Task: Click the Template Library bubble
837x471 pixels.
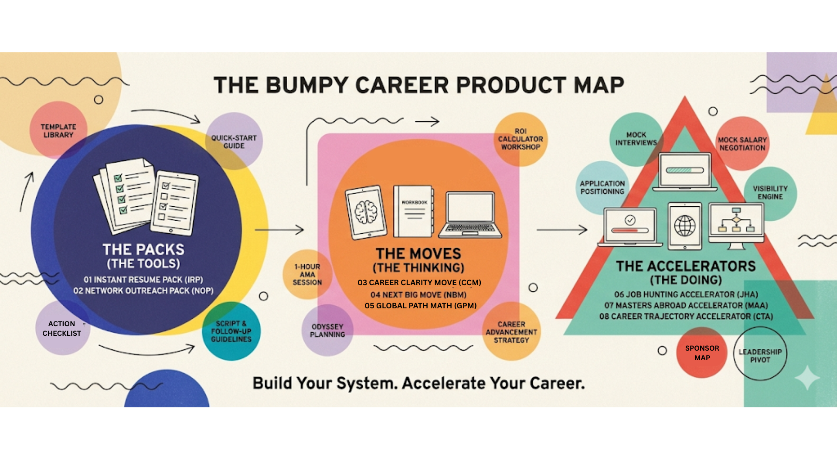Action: (58, 130)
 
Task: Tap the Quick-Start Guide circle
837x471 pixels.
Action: (234, 141)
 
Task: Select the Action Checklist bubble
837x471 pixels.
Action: (62, 328)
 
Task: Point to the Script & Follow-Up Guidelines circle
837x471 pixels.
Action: (231, 331)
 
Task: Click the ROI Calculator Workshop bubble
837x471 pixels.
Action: (521, 139)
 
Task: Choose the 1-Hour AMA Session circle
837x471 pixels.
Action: (307, 274)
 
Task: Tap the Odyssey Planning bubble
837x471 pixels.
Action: (327, 331)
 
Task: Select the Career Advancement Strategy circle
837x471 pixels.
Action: (511, 332)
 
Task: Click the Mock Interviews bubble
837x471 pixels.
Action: (636, 139)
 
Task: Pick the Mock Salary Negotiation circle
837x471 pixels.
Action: (742, 143)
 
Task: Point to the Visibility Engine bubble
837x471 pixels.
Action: (770, 192)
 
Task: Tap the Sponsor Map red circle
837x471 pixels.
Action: (702, 353)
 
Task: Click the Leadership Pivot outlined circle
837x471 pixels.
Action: (760, 355)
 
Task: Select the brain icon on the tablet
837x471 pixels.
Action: (365, 212)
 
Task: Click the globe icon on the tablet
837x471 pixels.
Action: (685, 225)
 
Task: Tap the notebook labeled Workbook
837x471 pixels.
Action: (413, 212)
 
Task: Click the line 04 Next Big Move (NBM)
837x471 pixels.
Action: (418, 294)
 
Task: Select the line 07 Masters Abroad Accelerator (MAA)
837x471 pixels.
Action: (686, 305)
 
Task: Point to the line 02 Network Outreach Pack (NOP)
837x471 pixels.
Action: (143, 290)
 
